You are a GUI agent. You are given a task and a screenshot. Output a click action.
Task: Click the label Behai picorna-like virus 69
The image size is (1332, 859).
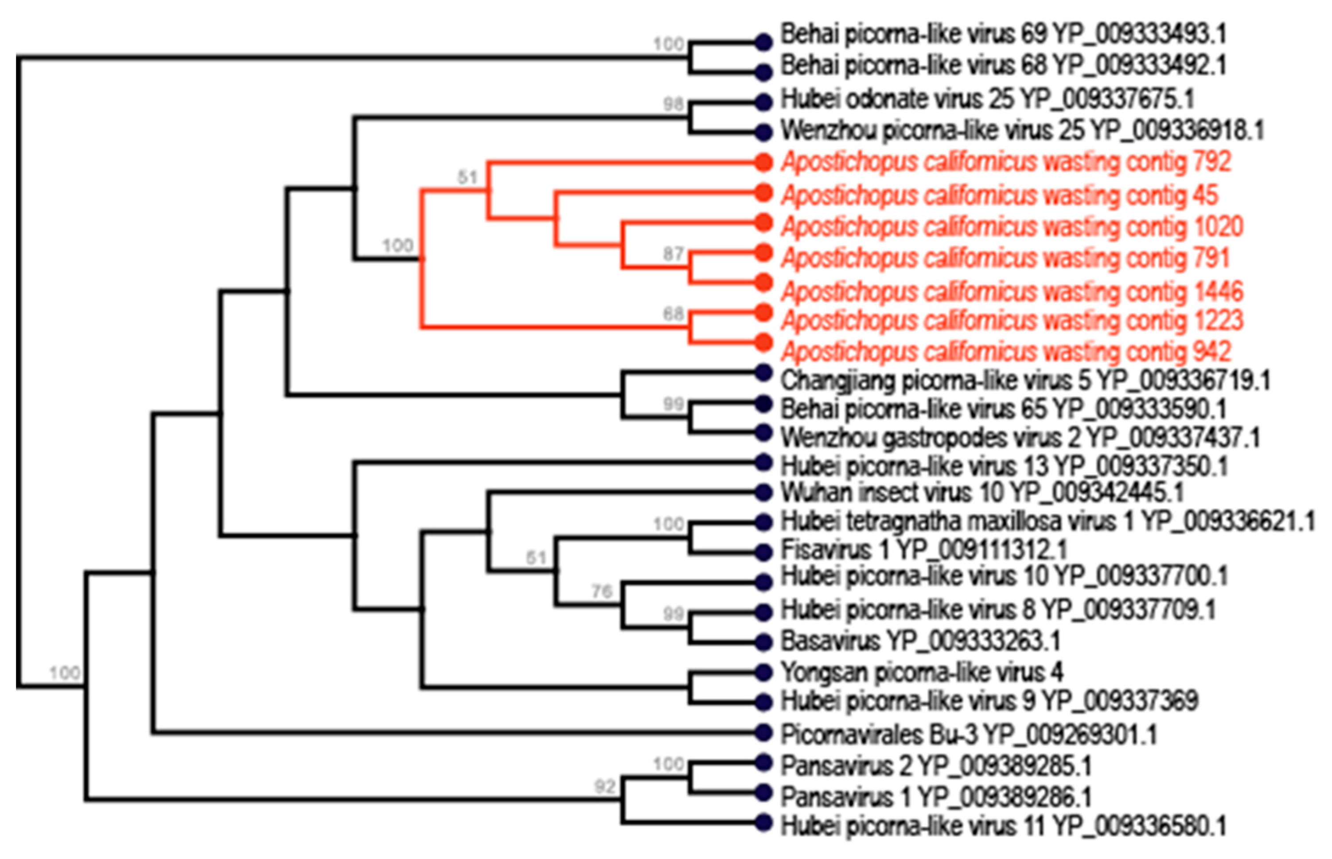1003,35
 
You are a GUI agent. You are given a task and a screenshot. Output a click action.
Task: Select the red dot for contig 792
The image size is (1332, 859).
763,162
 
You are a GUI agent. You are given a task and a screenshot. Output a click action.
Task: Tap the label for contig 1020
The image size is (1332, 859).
1012,227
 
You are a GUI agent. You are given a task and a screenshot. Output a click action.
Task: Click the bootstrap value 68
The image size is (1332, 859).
673,314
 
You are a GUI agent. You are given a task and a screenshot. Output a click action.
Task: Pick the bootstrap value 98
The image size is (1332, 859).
673,104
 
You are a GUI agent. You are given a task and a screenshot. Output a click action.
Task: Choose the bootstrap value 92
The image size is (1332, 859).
605,786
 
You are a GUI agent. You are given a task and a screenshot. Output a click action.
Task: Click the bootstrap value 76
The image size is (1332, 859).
602,591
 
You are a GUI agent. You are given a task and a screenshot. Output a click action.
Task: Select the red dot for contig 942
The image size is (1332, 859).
763,342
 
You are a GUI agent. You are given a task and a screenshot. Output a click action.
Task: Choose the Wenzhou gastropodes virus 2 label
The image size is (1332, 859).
1020,437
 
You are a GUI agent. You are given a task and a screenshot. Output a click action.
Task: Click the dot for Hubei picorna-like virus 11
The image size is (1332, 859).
763,823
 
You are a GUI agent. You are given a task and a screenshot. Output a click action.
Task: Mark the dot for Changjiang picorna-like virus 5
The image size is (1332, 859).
763,373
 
